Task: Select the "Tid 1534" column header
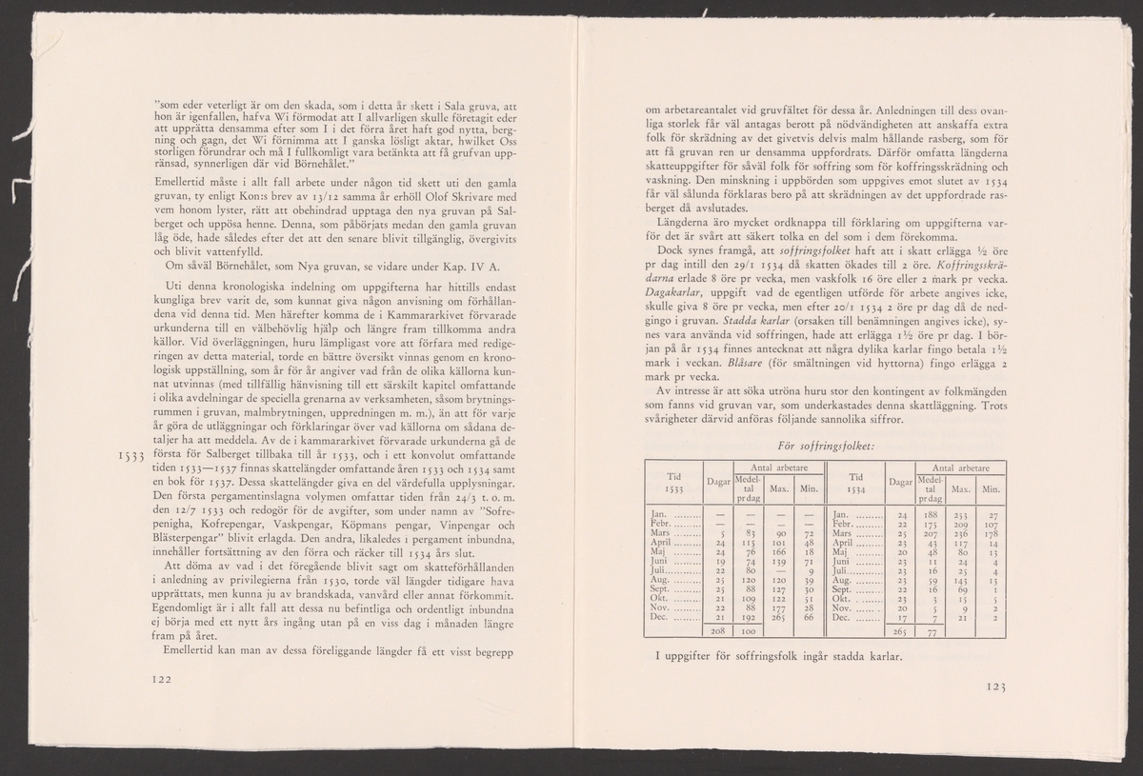click(x=855, y=483)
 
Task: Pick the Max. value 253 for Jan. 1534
click(x=959, y=514)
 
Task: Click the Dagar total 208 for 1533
click(x=720, y=630)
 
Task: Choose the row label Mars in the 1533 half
click(x=661, y=532)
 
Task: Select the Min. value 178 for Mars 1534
click(x=991, y=532)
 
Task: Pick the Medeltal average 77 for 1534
click(x=932, y=630)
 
